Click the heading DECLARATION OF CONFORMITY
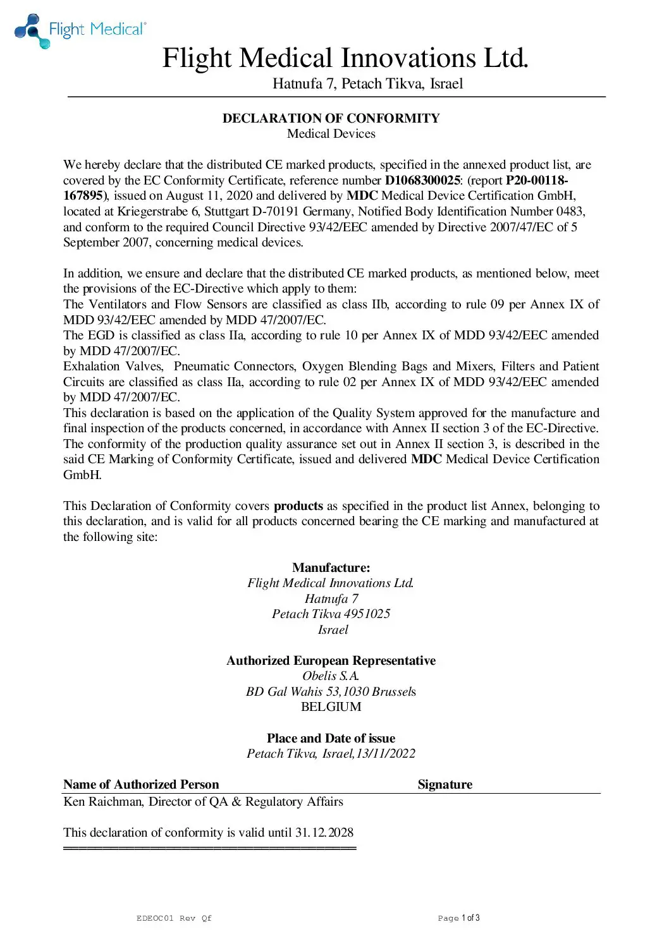pyautogui.click(x=331, y=118)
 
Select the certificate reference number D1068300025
pyautogui.click(x=422, y=180)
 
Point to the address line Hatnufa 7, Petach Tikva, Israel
pyautogui.click(x=367, y=84)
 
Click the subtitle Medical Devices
pyautogui.click(x=331, y=134)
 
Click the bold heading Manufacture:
pyautogui.click(x=331, y=567)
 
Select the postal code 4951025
pyautogui.click(x=367, y=614)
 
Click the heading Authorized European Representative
pyautogui.click(x=331, y=660)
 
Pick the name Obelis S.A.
pyautogui.click(x=331, y=676)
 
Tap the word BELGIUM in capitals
pyautogui.click(x=331, y=706)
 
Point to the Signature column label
pyautogui.click(x=445, y=784)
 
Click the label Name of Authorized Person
pyautogui.click(x=141, y=784)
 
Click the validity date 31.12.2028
pyautogui.click(x=324, y=832)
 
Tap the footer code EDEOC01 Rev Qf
pyautogui.click(x=174, y=918)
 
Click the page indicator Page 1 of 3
pyautogui.click(x=458, y=918)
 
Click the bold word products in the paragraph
pyautogui.click(x=298, y=506)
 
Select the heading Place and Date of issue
pyautogui.click(x=331, y=738)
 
